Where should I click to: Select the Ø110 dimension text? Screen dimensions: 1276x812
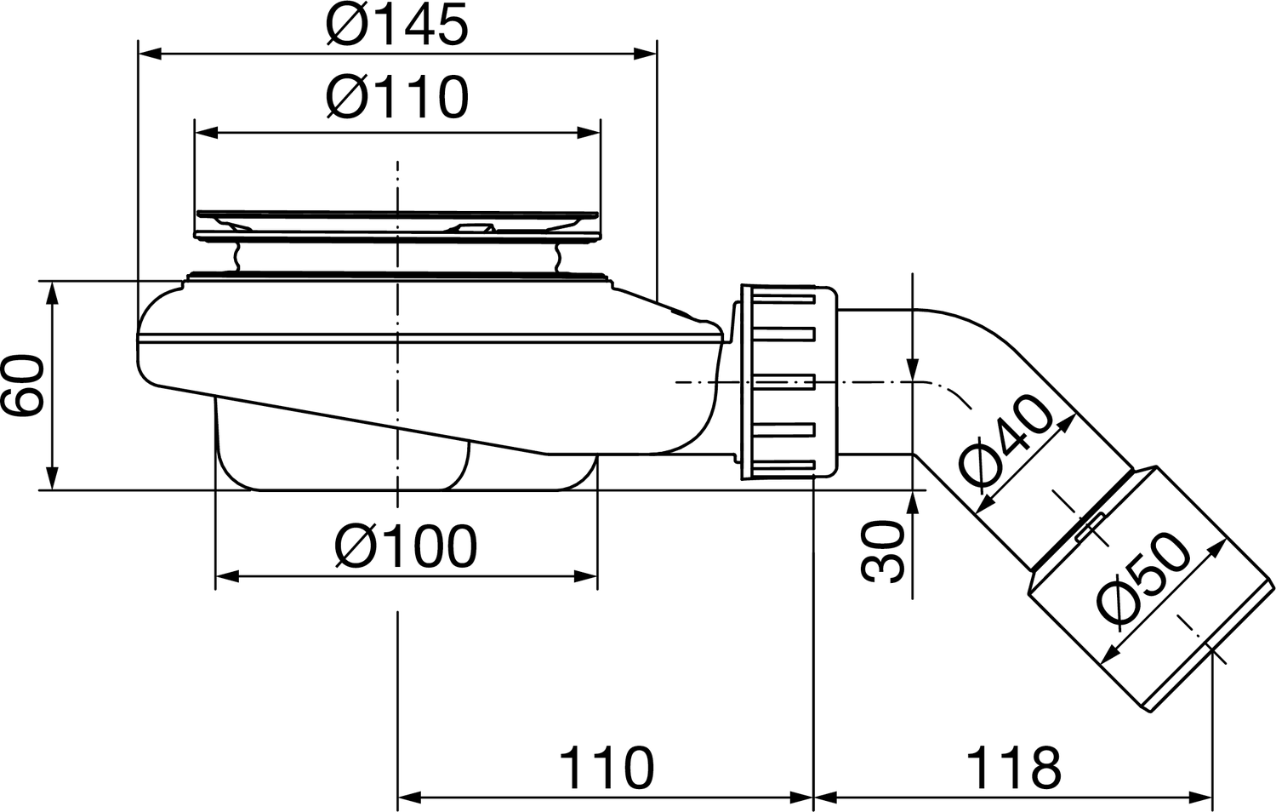[x=397, y=97]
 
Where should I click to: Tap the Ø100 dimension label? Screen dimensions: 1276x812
[x=406, y=546]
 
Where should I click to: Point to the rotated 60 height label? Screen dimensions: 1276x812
[x=23, y=386]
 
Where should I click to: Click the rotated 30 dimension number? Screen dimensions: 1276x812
[x=883, y=551]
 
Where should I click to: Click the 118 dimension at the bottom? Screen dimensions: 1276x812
[x=1013, y=768]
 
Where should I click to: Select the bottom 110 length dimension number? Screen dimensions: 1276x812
[x=607, y=768]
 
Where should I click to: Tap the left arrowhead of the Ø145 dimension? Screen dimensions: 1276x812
[x=151, y=54]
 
